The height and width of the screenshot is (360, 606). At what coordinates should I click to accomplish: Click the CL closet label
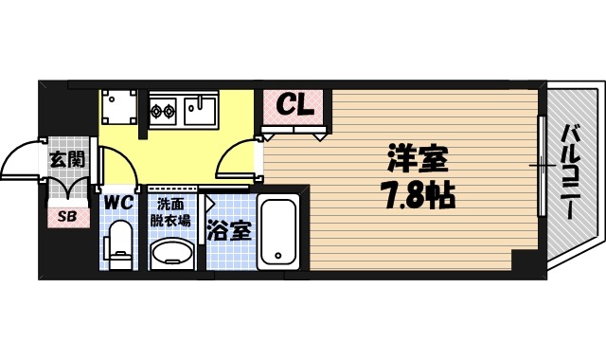pyautogui.click(x=294, y=106)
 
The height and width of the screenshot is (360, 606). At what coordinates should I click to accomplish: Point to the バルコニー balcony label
pyautogui.click(x=570, y=171)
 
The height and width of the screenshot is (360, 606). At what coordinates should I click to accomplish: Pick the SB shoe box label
pyautogui.click(x=69, y=217)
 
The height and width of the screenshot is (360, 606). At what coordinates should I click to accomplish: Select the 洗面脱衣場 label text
pyautogui.click(x=171, y=209)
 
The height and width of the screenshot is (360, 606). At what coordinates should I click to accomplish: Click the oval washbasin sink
pyautogui.click(x=171, y=251)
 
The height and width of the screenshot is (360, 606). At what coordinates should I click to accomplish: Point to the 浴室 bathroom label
pyautogui.click(x=230, y=228)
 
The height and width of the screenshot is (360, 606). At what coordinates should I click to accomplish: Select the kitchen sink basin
pyautogui.click(x=204, y=111)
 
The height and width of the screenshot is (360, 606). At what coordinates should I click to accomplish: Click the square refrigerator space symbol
pyautogui.click(x=120, y=106)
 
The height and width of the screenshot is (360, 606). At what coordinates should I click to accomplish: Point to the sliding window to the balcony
pyautogui.click(x=540, y=165)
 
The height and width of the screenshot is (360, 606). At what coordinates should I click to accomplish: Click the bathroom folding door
pyautogui.click(x=205, y=231)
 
